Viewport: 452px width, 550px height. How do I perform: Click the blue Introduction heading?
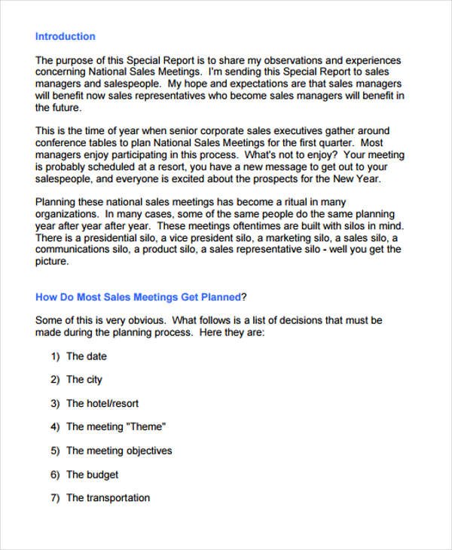coord(66,36)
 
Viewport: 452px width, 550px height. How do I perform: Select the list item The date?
coord(86,356)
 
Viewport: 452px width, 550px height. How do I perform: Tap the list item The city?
coord(84,380)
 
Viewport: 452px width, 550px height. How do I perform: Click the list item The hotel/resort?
coord(102,403)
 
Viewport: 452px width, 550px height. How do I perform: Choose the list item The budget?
coord(92,475)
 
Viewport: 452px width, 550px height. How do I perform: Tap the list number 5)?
coord(55,451)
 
